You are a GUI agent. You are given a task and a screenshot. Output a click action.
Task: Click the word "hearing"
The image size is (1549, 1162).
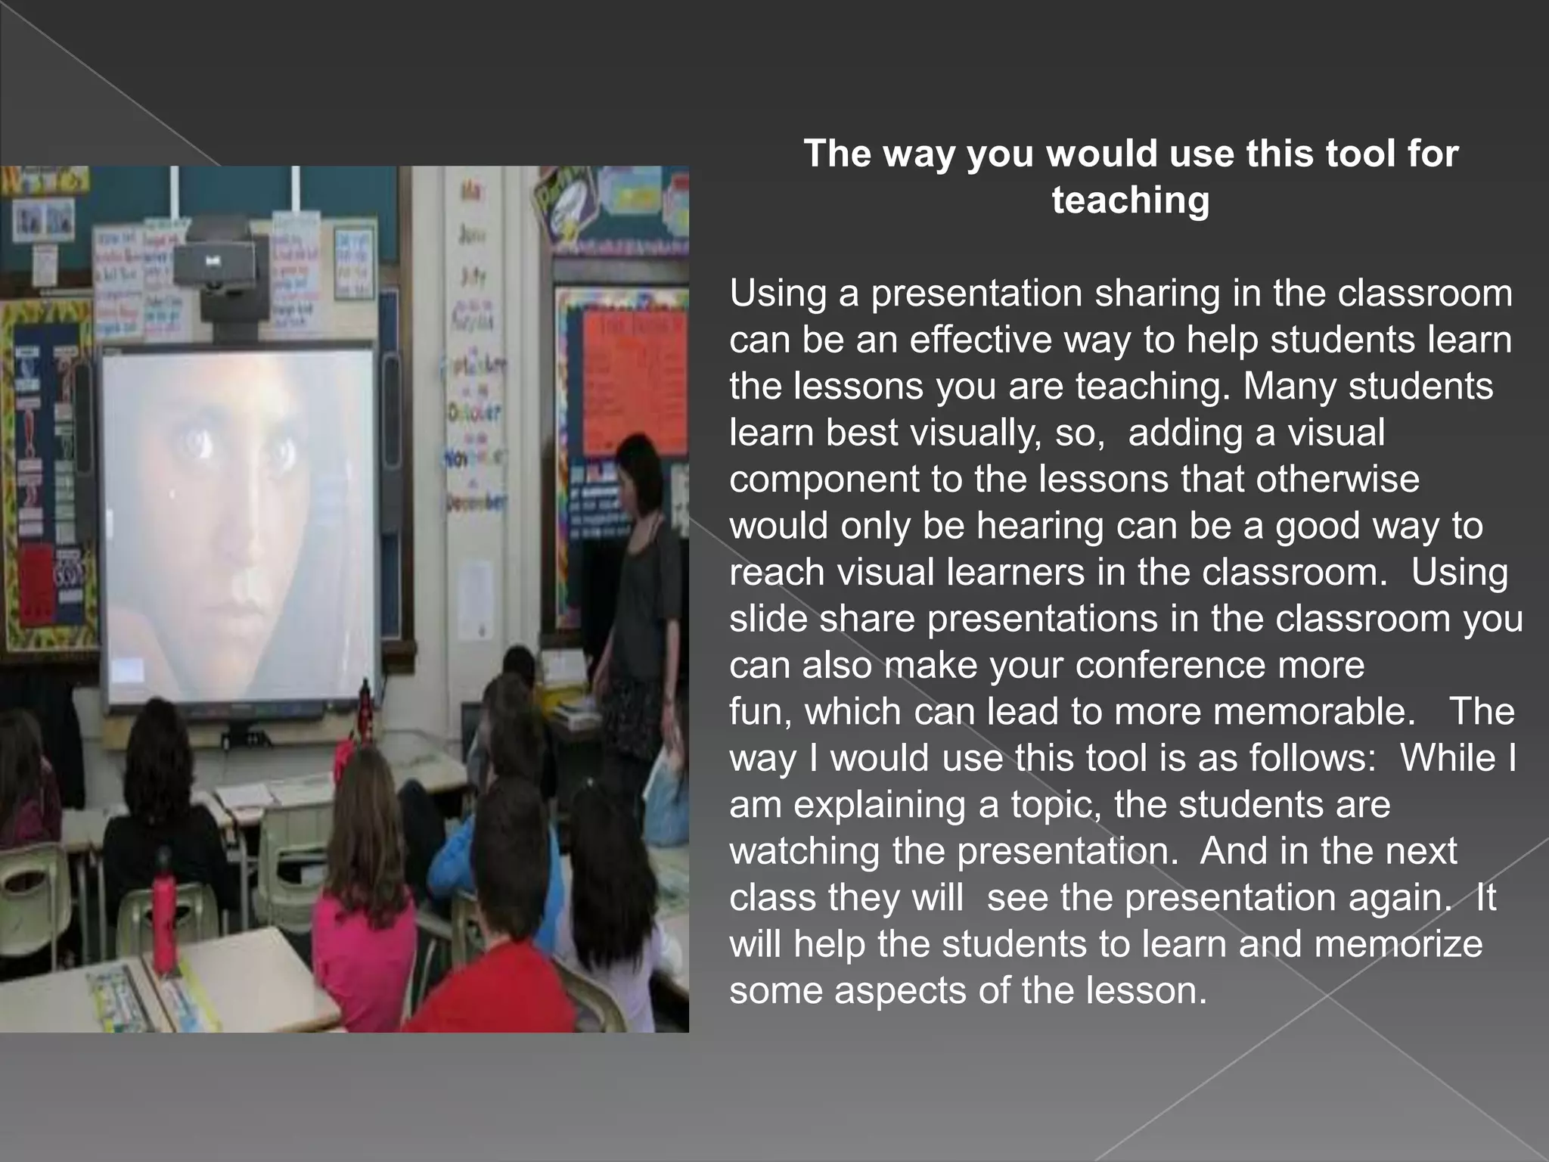(1040, 527)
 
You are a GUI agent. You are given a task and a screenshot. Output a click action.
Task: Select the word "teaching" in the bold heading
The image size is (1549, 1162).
(1131, 200)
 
